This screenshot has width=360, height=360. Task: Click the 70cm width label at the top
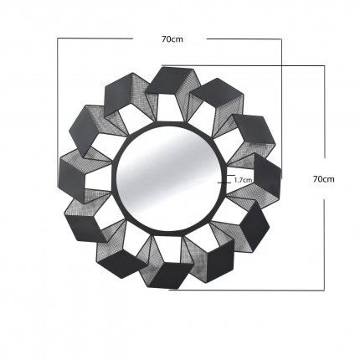pos(170,37)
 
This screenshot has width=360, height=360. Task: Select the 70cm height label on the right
pos(323,178)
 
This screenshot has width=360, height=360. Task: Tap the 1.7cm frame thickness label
pos(244,179)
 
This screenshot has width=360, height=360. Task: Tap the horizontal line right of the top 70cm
pos(244,38)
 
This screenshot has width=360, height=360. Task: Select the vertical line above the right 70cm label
pos(323,117)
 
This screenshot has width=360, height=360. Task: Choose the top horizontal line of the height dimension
pos(243,67)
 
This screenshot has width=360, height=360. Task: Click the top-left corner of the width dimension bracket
pos(58,38)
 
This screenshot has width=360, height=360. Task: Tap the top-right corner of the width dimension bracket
pos(283,38)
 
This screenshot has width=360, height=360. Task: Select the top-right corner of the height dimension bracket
pos(323,67)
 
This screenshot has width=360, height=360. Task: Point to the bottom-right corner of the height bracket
pos(323,290)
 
